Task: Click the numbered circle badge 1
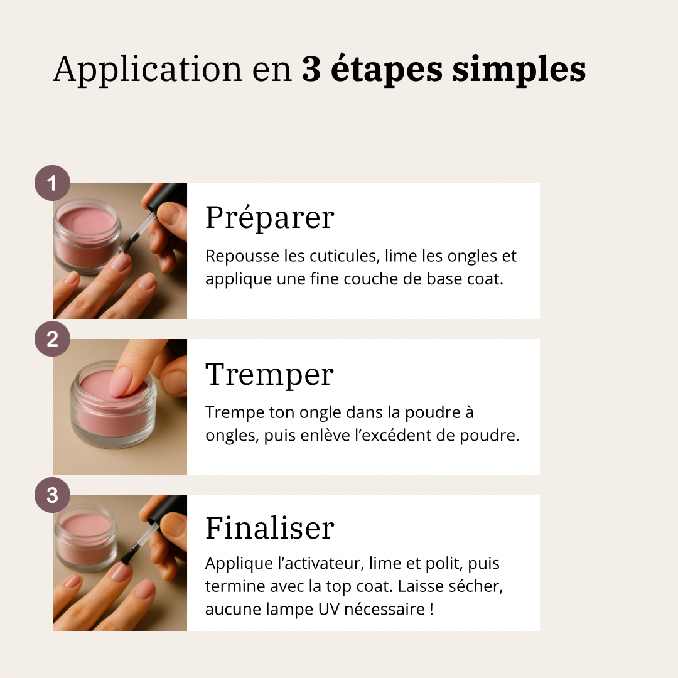[x=52, y=183]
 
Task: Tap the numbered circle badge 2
[x=52, y=340]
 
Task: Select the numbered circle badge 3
[x=52, y=495]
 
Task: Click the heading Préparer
[x=269, y=218]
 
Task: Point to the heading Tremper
[x=269, y=374]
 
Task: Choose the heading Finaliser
[x=269, y=528]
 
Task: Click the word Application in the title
[x=148, y=70]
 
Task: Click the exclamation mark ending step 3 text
[x=431, y=609]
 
